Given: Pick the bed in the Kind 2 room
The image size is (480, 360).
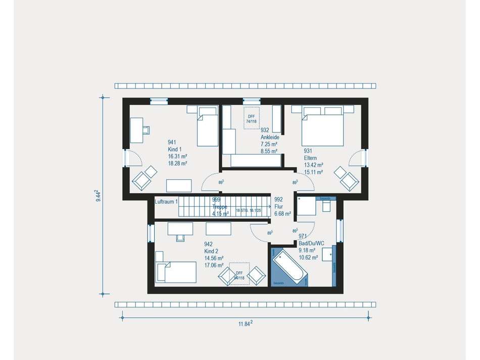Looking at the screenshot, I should (177, 272).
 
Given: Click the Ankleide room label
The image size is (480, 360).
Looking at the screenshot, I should (269, 137).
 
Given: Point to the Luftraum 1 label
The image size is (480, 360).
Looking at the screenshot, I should (166, 202).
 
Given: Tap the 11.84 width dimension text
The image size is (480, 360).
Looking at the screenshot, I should (245, 324).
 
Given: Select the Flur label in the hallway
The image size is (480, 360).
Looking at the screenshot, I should (278, 206).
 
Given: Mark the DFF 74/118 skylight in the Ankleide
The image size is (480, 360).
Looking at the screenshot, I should (251, 117).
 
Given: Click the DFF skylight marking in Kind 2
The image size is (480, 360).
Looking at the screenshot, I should (238, 274).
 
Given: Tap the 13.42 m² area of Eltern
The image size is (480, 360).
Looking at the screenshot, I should (314, 165).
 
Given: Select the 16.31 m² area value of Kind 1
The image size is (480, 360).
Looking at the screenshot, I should (178, 157).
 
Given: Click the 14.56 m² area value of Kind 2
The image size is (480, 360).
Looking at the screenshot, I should (214, 258).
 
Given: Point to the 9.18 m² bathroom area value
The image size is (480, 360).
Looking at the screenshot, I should (307, 250).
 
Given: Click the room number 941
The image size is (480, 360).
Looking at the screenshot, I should (172, 143).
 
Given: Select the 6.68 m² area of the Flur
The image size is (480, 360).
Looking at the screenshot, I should (282, 214).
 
